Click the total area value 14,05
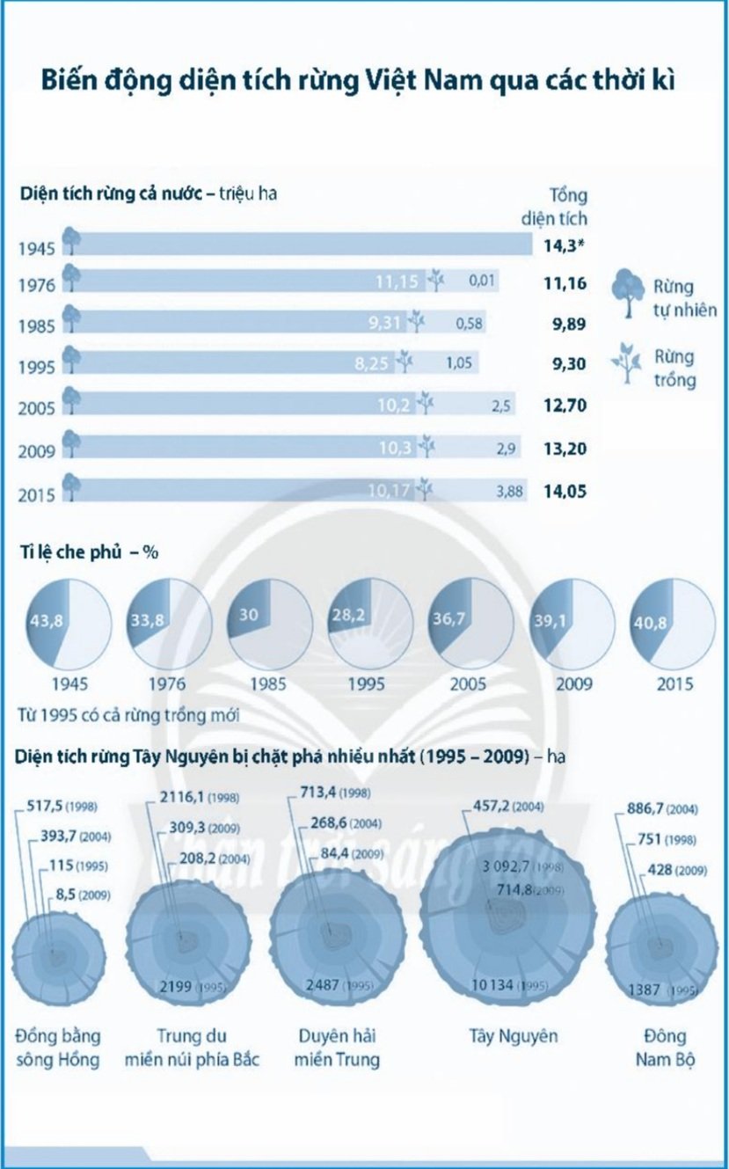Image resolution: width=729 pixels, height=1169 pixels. (x=564, y=492)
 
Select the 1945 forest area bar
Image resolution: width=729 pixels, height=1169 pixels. (x=299, y=244)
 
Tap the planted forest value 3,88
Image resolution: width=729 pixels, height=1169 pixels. (x=510, y=492)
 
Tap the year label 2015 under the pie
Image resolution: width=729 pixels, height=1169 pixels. (x=674, y=684)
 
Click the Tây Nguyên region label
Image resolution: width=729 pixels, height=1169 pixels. (x=514, y=1036)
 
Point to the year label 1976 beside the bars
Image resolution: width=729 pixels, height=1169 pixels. (x=36, y=285)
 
